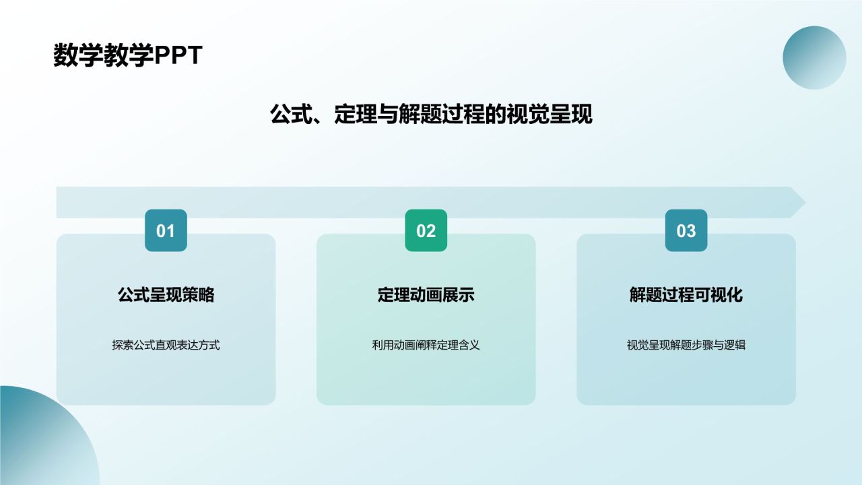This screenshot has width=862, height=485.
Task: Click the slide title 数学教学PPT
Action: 128,56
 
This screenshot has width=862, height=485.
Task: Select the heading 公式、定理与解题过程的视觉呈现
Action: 431,114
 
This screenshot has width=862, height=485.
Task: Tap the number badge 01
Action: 166,231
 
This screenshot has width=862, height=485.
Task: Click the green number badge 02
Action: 426,231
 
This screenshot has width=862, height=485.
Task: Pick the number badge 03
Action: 686,231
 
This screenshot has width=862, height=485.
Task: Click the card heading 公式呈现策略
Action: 166,295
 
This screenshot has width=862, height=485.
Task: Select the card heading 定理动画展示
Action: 426,295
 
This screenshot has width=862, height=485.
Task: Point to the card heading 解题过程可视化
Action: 686,295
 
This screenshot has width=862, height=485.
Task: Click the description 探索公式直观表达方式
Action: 166,346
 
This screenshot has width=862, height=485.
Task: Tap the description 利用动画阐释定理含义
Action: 426,346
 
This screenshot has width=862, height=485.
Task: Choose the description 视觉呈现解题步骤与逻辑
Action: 686,346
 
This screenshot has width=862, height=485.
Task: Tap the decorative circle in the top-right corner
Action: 814,58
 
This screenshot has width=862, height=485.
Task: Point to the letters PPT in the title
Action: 178,56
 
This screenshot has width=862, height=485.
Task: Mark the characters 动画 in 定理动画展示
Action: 426,295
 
